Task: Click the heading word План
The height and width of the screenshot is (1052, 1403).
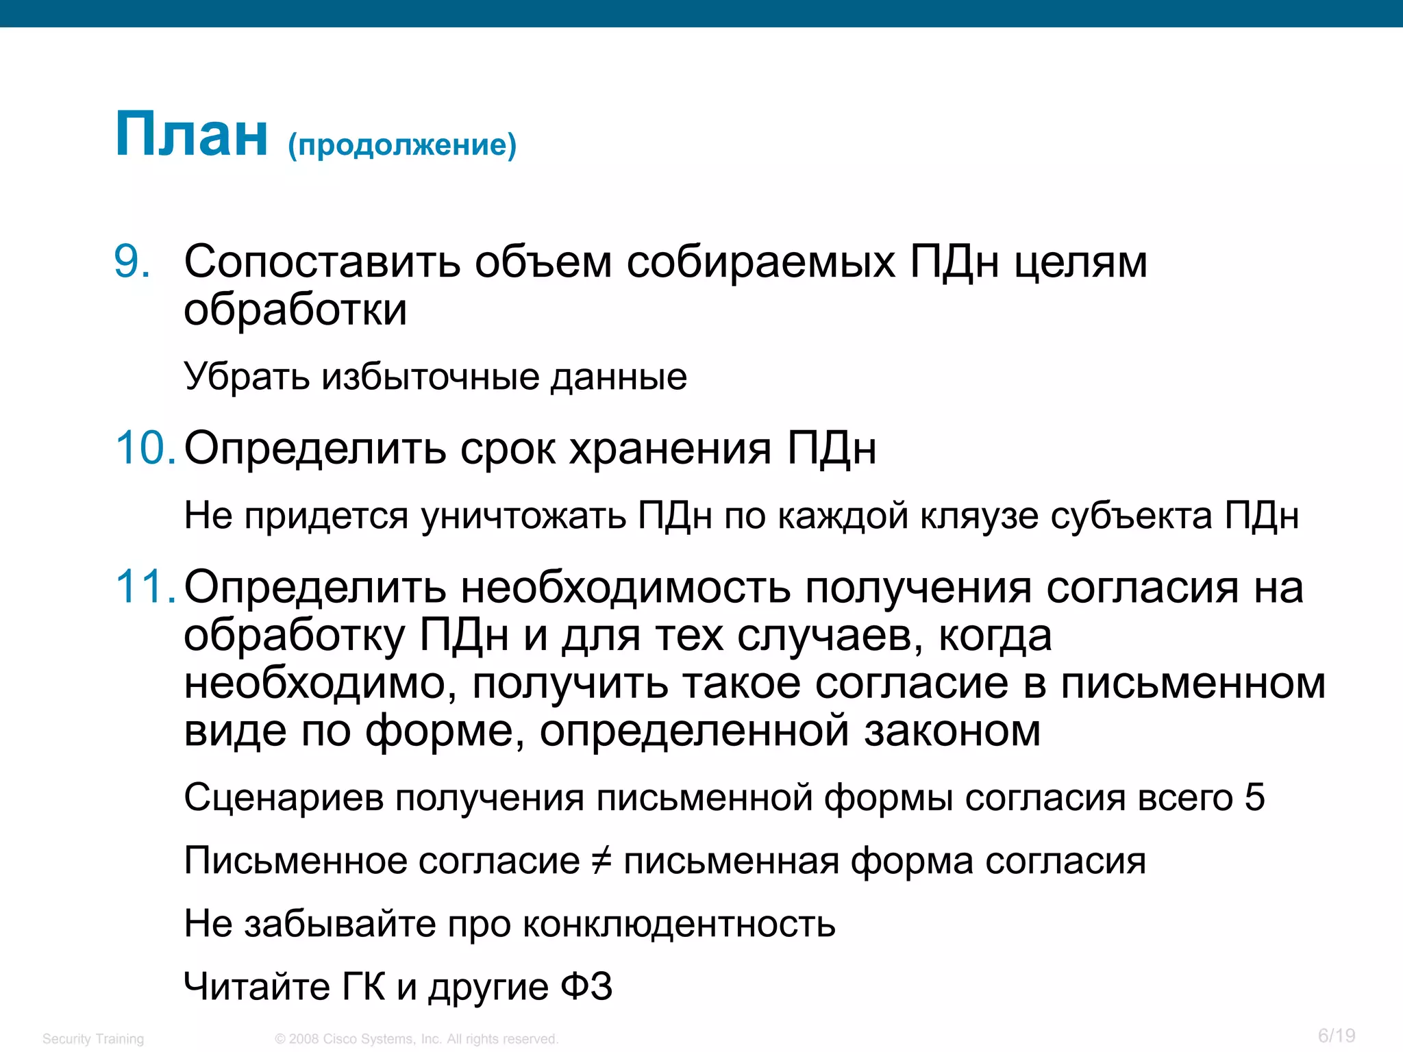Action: pyautogui.click(x=191, y=135)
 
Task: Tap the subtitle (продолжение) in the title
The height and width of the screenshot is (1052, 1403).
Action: pyautogui.click(x=402, y=145)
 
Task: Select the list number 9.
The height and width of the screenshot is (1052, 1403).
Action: pyautogui.click(x=132, y=262)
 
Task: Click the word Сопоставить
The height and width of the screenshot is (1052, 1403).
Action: pyautogui.click(x=322, y=262)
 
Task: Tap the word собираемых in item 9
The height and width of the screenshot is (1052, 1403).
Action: pyautogui.click(x=760, y=262)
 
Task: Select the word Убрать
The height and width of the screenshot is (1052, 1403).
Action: pyautogui.click(x=247, y=377)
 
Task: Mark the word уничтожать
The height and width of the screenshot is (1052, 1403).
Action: pyautogui.click(x=523, y=516)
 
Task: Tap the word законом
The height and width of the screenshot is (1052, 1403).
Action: pyautogui.click(x=952, y=731)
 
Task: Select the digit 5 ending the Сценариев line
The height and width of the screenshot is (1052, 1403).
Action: pyautogui.click(x=1254, y=797)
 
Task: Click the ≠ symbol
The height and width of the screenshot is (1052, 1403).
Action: pyautogui.click(x=601, y=861)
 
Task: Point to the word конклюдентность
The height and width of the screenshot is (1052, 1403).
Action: pyautogui.click(x=679, y=924)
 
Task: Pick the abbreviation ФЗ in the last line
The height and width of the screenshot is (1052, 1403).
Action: pyautogui.click(x=586, y=987)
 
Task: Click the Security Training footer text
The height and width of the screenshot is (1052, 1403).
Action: pyautogui.click(x=93, y=1039)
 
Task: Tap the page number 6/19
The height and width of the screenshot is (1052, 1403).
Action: pyautogui.click(x=1337, y=1036)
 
